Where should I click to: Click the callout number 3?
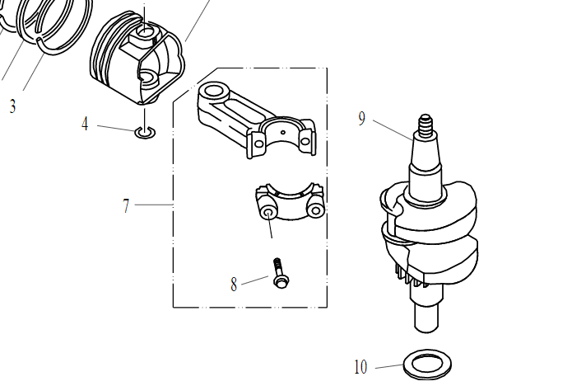point(13,106)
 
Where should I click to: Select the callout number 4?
point(85,124)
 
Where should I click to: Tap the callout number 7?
point(126,206)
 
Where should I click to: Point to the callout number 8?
point(234,284)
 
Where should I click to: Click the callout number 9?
point(361,119)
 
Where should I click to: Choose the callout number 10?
point(360,367)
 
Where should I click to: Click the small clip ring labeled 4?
point(145,132)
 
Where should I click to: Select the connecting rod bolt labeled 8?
point(280,273)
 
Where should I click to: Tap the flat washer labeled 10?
point(427,365)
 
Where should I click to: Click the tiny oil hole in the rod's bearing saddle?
point(283,132)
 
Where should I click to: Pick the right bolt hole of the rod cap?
point(315,210)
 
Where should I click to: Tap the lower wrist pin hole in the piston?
point(149,78)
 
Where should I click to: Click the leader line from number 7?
point(154,205)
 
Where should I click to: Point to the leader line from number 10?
point(389,366)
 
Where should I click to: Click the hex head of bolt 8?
point(281,282)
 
